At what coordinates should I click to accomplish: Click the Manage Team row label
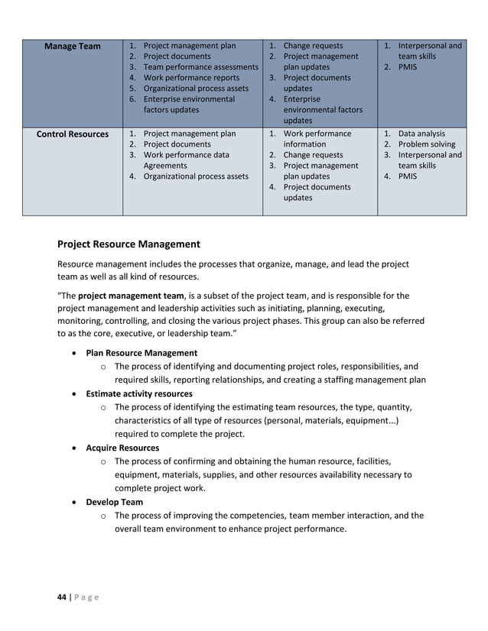[72, 47]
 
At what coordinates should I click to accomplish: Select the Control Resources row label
[72, 134]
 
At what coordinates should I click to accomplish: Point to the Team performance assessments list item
[200, 67]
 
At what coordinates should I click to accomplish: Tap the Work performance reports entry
[191, 78]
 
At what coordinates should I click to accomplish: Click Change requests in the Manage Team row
[313, 46]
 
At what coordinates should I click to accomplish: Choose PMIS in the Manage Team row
[408, 67]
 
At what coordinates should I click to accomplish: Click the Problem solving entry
[426, 144]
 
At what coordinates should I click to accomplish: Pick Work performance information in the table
[317, 138]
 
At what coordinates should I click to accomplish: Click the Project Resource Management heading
[129, 244]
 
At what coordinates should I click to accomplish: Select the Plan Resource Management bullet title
[142, 353]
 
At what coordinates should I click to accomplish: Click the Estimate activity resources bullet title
[139, 394]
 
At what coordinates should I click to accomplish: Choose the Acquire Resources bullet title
[122, 448]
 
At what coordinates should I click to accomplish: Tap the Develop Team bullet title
[114, 502]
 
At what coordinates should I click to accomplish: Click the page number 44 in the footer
[62, 597]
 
